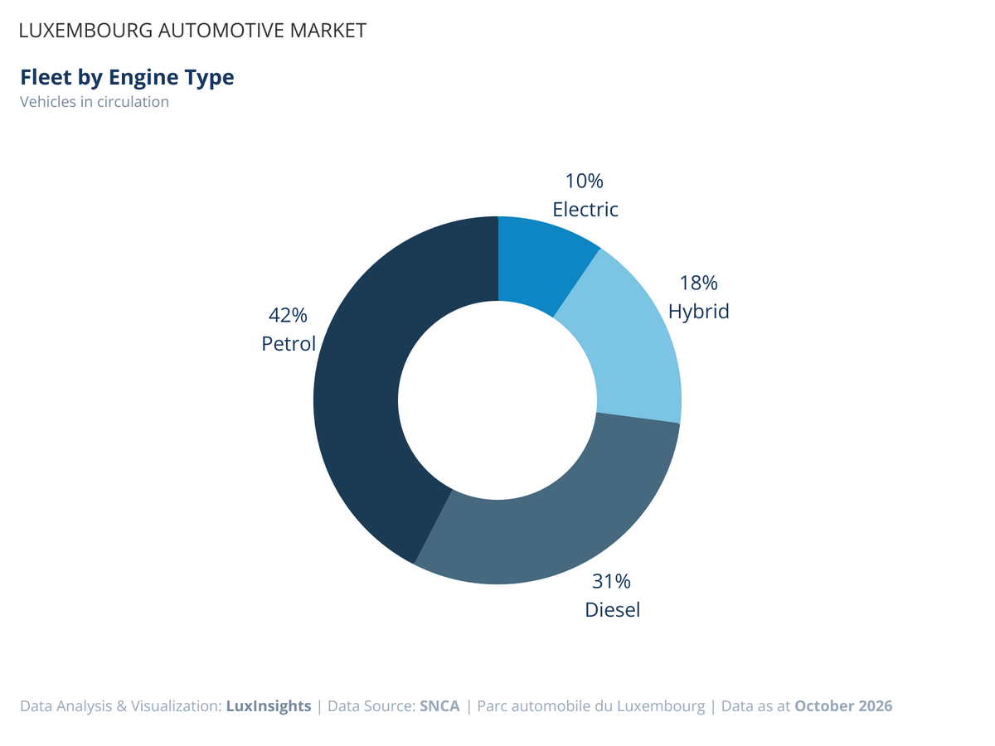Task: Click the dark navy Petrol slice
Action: click(358, 399)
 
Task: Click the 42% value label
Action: click(288, 315)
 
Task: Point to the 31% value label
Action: click(611, 581)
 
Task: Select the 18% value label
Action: click(698, 283)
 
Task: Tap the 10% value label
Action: click(585, 182)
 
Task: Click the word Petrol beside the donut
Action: click(289, 343)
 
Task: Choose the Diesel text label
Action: click(613, 610)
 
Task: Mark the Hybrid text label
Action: click(698, 312)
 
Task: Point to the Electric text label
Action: click(585, 209)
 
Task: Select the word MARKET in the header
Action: click(328, 31)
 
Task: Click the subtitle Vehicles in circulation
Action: click(95, 102)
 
